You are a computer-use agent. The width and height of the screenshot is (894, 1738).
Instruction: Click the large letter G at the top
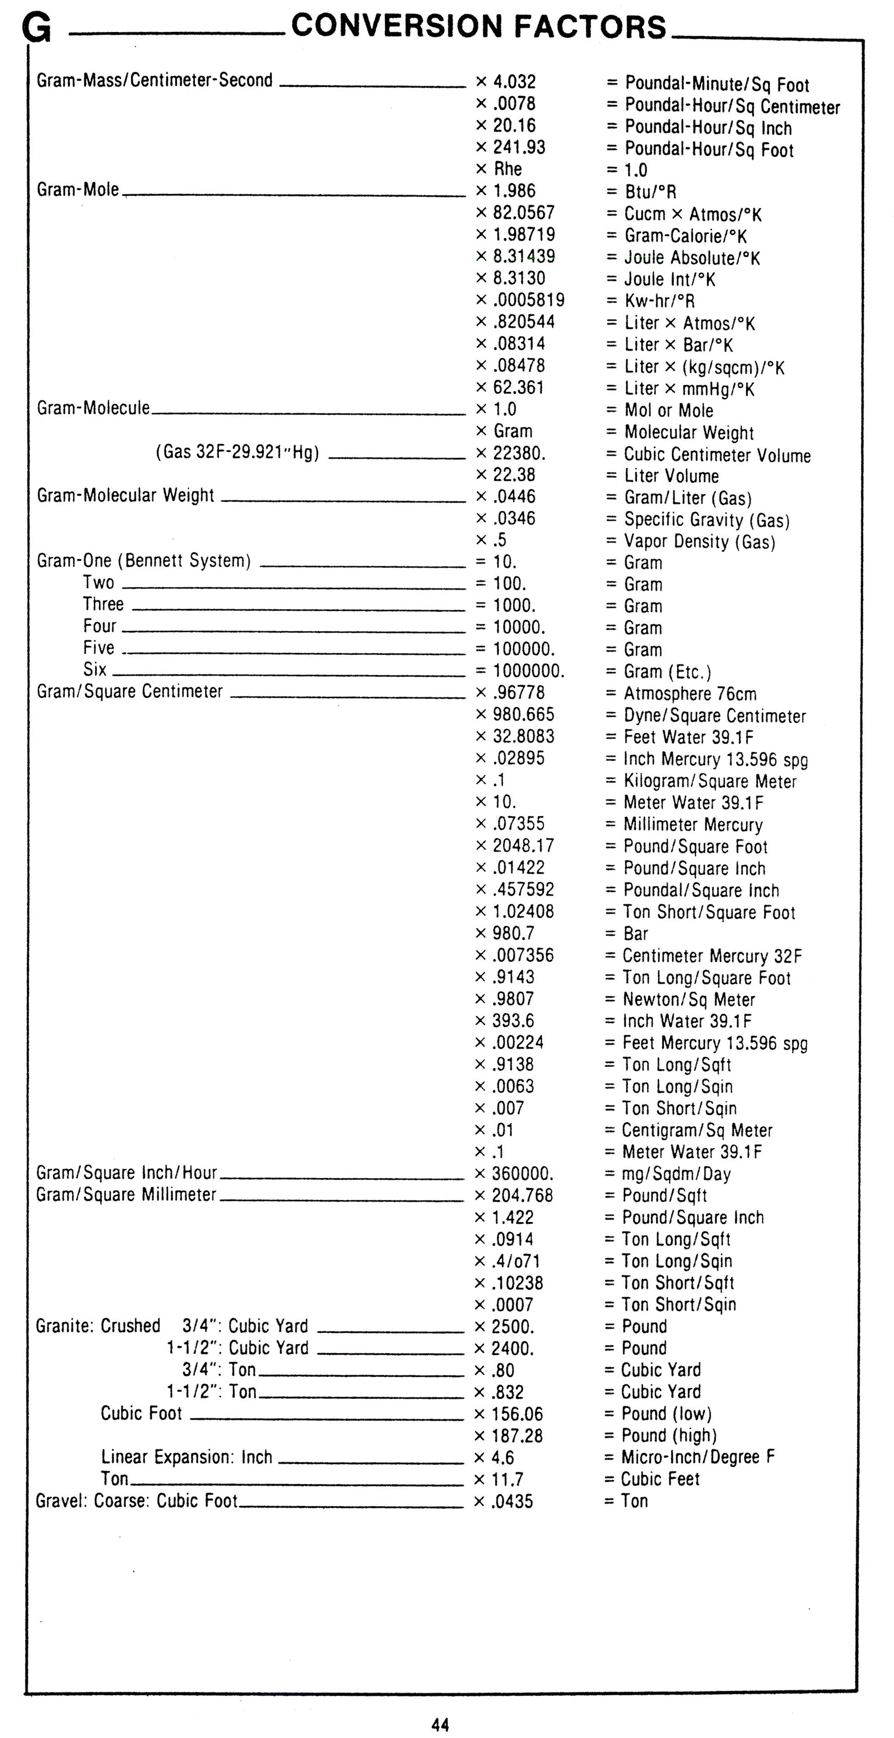[x=36, y=28]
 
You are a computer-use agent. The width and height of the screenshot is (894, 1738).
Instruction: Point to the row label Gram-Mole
[x=77, y=190]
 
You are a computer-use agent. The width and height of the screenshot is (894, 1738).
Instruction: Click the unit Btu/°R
[x=650, y=192]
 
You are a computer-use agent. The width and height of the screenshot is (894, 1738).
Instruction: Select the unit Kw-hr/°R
[x=659, y=301]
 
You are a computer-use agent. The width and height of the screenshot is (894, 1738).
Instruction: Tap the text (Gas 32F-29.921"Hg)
[x=237, y=452]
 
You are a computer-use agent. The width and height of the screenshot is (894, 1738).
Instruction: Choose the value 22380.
[x=518, y=453]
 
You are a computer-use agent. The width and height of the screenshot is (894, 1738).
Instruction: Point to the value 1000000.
[x=528, y=671]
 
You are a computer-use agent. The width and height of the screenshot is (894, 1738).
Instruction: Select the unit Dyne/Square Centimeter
[x=714, y=716]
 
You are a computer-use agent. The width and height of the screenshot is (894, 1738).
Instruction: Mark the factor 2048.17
[x=523, y=845]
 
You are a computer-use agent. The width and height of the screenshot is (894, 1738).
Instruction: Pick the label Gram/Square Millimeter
[x=126, y=1194]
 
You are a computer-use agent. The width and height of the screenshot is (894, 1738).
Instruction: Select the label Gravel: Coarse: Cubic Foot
[x=136, y=1501]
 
